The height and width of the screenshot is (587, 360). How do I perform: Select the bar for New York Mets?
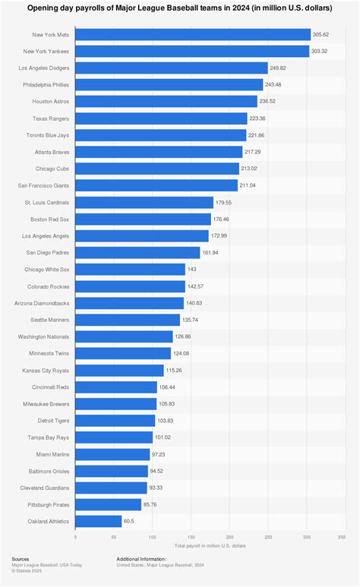point(193,34)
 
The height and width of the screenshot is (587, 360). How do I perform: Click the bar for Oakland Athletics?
point(98,521)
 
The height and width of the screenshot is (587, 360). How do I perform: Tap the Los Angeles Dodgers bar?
point(172,68)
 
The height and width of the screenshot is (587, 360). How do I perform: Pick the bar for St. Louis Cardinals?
point(144,202)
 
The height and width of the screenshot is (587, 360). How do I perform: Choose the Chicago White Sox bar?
point(130,270)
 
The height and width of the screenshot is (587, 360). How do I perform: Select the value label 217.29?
point(253,152)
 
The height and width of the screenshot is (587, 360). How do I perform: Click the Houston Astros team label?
point(52,101)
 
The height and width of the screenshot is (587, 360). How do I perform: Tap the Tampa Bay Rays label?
point(52,437)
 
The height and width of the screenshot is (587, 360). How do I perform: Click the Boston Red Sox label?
point(51,219)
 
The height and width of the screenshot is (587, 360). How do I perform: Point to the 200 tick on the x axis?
point(229,537)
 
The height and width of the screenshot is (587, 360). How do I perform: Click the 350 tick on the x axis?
point(345,537)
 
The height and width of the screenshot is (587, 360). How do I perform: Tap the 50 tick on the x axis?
point(114,537)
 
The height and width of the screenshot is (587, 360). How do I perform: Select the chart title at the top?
point(180,8)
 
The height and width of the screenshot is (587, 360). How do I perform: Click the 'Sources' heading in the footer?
point(21,558)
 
